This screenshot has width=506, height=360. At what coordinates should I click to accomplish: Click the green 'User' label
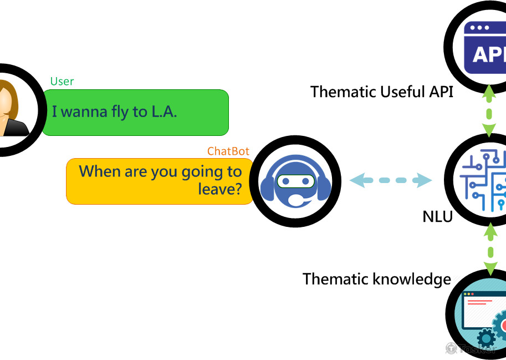pyautogui.click(x=62, y=82)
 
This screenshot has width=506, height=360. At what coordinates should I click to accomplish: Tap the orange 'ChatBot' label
pyautogui.click(x=228, y=151)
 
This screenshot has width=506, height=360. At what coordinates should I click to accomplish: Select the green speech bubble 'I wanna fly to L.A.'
pyautogui.click(x=135, y=112)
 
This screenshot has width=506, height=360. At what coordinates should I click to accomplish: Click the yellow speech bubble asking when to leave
pyautogui.click(x=160, y=181)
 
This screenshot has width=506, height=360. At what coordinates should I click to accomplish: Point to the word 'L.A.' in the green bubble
pyautogui.click(x=163, y=112)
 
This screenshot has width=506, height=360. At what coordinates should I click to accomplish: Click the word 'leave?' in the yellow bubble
pyautogui.click(x=220, y=190)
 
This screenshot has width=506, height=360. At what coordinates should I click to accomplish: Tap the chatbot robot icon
pyautogui.click(x=295, y=181)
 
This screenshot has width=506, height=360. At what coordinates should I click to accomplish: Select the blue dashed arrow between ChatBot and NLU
pyautogui.click(x=391, y=180)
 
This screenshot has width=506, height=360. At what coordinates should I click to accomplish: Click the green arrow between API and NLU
pyautogui.click(x=489, y=111)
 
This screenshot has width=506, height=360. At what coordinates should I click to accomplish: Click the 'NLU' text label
pyautogui.click(x=437, y=216)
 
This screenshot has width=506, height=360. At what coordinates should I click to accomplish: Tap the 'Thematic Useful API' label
pyautogui.click(x=382, y=92)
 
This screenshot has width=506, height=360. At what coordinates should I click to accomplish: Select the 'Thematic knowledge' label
pyautogui.click(x=377, y=278)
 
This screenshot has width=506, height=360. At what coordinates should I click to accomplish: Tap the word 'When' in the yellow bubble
pyautogui.click(x=100, y=171)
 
